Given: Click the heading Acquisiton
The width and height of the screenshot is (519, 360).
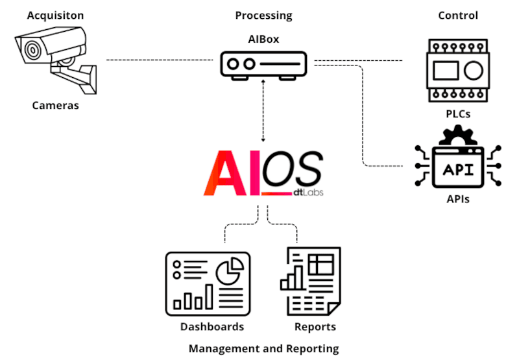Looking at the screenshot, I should pos(55,15).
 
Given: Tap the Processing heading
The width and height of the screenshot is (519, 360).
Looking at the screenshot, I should pos(263,15).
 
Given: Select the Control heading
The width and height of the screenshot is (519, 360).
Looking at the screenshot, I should pos(458,15).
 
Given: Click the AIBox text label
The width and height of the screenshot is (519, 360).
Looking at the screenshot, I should pos(263,39).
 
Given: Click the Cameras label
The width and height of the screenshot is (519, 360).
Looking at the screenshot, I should pos(55,104).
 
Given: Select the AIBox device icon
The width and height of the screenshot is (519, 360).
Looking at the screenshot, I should pos(263,65).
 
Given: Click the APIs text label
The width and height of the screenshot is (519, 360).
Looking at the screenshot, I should pos(458,199).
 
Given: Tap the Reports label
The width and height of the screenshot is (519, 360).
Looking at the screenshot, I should pos(315,326).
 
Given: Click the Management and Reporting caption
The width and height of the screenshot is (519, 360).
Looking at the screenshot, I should pos(263,349).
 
